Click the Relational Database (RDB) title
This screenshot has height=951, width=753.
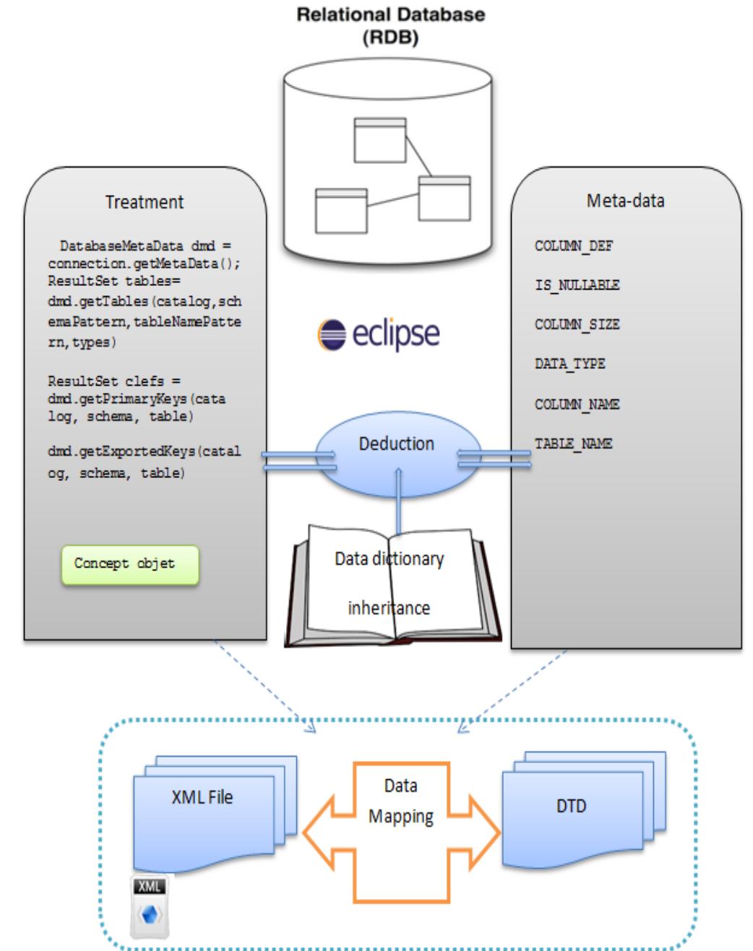(x=390, y=25)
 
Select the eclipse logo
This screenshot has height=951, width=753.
(x=379, y=334)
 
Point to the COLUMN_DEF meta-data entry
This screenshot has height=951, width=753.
(x=574, y=246)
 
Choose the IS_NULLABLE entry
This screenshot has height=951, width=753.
(x=577, y=285)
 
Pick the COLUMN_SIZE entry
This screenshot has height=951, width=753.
(x=577, y=325)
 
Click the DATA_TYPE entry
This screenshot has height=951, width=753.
(x=569, y=364)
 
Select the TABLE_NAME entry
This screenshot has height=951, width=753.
(x=573, y=443)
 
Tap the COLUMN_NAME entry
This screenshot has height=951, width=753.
(x=577, y=404)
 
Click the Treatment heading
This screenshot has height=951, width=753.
(x=145, y=202)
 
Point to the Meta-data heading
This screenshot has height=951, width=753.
(x=625, y=201)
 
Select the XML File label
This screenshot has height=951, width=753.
(x=202, y=797)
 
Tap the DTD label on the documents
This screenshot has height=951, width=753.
(x=571, y=806)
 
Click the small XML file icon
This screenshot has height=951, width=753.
(x=150, y=906)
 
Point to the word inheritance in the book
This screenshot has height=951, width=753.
(x=389, y=608)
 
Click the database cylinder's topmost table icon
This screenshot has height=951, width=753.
(x=379, y=140)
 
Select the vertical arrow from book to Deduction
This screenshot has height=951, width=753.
(x=398, y=502)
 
